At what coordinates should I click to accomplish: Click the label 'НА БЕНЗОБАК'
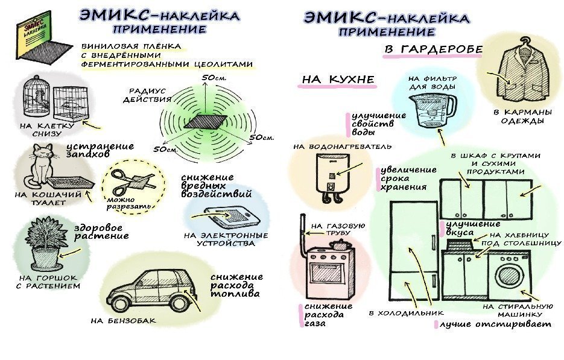[123, 321]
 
